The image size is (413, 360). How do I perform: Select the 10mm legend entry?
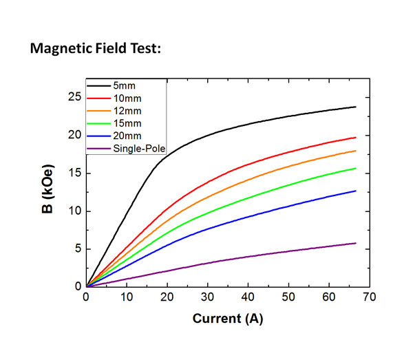click(125, 97)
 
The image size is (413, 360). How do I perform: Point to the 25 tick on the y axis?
click(74, 97)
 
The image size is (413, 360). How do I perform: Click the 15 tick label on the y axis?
click(74, 173)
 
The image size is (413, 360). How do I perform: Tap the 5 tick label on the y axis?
click(77, 248)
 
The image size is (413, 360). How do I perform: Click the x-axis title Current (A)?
click(227, 319)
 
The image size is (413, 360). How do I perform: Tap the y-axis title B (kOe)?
click(47, 189)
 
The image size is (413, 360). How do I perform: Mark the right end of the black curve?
click(356, 107)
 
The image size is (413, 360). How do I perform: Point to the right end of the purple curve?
click(356, 243)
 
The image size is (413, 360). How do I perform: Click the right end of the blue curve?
click(356, 191)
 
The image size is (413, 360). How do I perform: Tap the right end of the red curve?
click(356, 138)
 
